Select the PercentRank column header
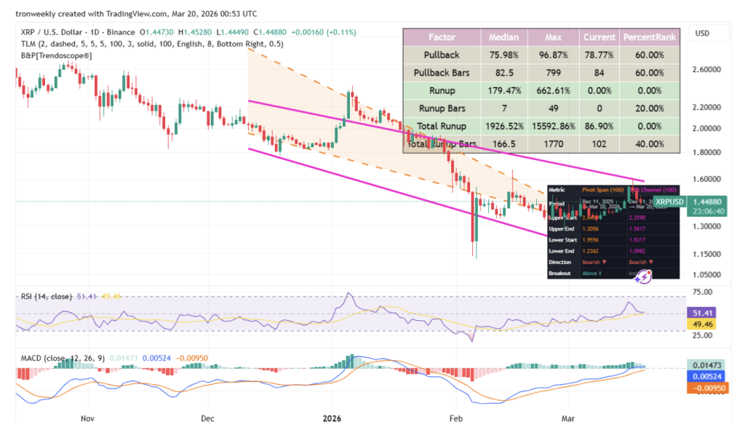(649, 36)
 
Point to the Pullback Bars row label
(442, 73)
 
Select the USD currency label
(702, 33)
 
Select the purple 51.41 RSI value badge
(702, 311)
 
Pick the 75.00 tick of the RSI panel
(702, 292)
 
